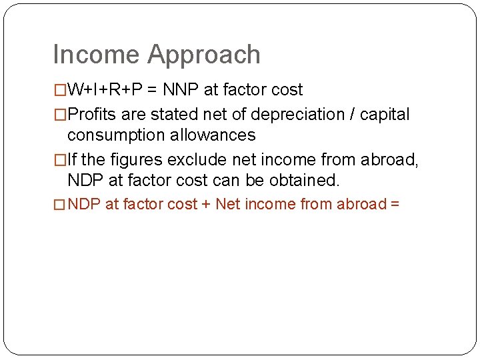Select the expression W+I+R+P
[x=105, y=90]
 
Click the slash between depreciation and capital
[x=351, y=115]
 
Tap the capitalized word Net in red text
[x=228, y=204]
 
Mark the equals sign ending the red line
[x=394, y=204]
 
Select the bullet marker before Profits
[x=60, y=115]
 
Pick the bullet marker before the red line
[x=60, y=205]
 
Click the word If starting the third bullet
[x=73, y=160]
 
